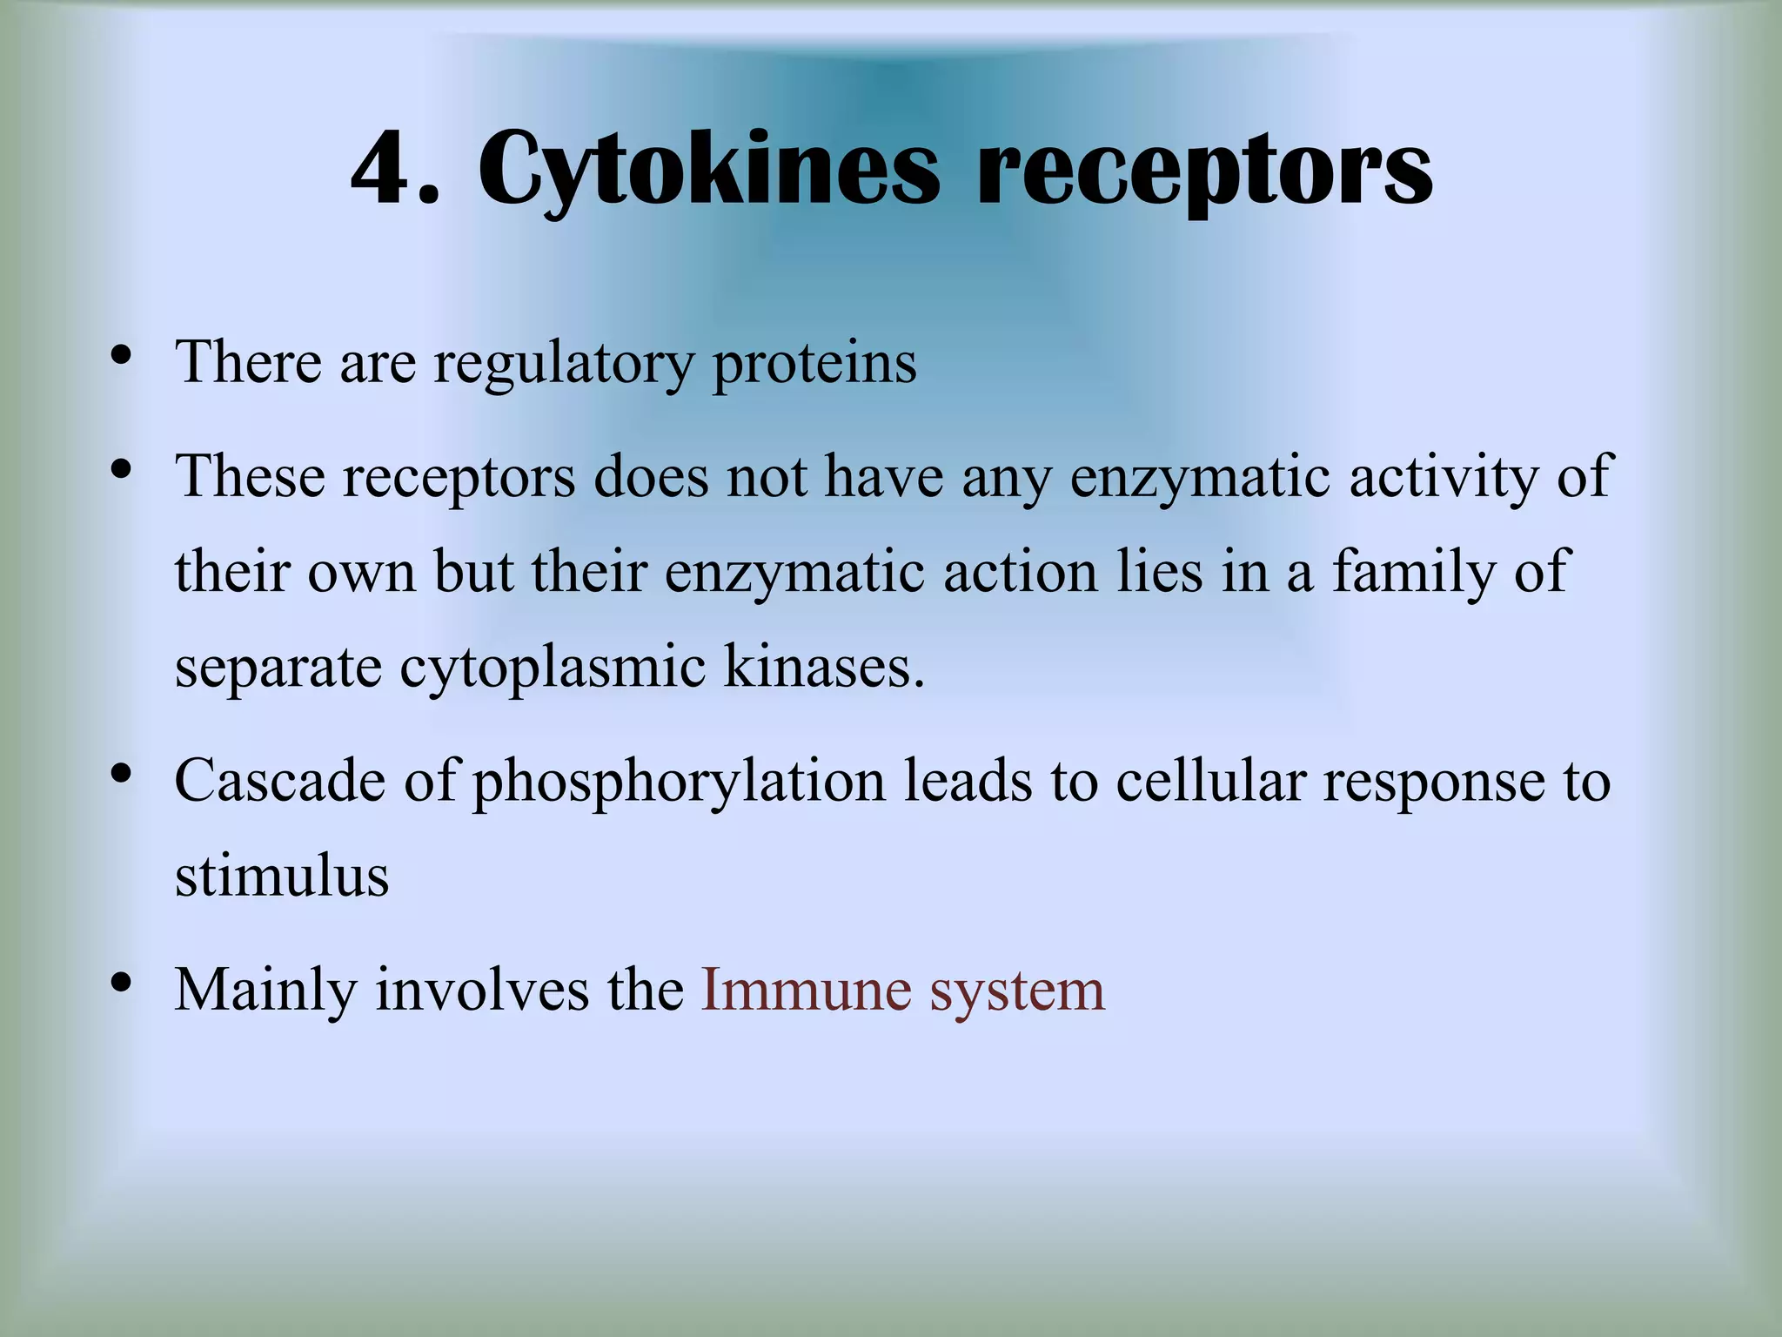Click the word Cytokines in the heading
(x=708, y=170)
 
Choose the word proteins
(x=814, y=363)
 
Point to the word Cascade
(x=279, y=781)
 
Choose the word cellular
(x=1211, y=781)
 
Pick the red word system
(x=1017, y=991)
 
